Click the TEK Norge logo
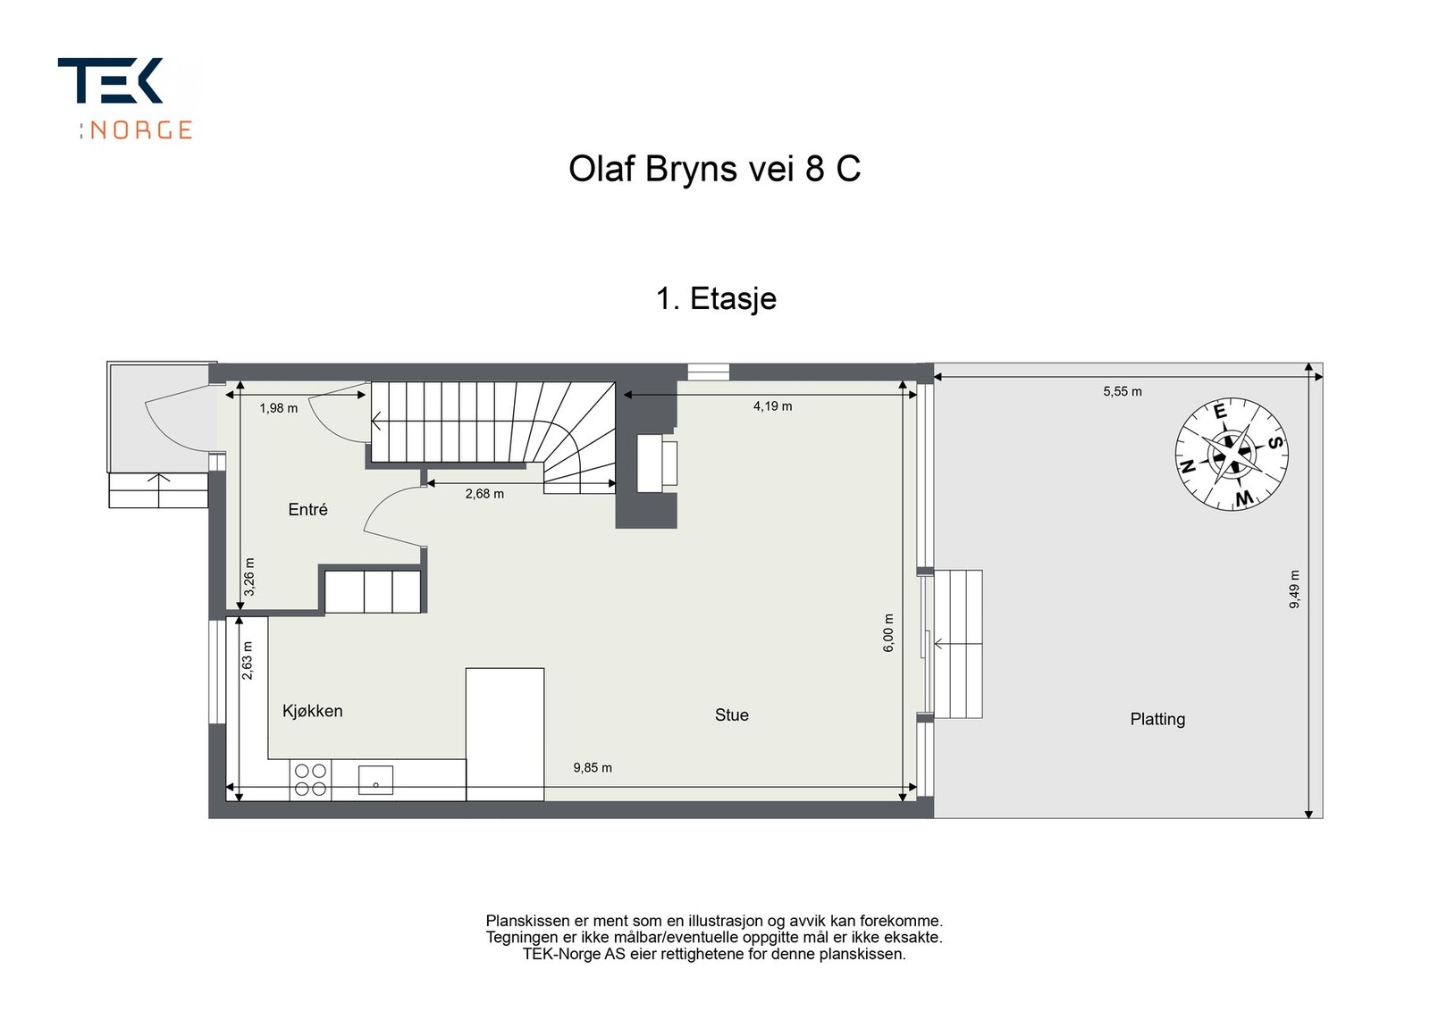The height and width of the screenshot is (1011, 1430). [x=126, y=99]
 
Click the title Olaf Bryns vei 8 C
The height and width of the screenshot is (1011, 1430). [x=714, y=170]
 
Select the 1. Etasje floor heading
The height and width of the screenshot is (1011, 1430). [x=716, y=298]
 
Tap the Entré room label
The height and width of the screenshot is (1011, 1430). [x=307, y=509]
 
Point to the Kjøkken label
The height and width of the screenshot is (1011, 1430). [x=312, y=711]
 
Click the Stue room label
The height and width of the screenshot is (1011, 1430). [x=732, y=715]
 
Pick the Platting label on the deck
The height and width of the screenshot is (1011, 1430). [x=1157, y=720]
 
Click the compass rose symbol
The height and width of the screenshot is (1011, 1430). [x=1232, y=455]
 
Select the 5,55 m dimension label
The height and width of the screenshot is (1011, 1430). [x=1123, y=392]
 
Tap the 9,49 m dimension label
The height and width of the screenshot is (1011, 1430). [x=1294, y=589]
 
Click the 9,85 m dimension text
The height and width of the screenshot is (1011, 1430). [x=593, y=768]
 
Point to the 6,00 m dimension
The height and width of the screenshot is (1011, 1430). [x=888, y=632]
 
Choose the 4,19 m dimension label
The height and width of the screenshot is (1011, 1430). [x=772, y=406]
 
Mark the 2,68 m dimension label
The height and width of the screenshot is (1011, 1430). [x=484, y=494]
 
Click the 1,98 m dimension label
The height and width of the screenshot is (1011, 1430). [x=278, y=408]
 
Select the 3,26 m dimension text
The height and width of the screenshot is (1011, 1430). [x=249, y=577]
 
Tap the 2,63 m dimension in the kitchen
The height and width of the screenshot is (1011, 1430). [x=247, y=660]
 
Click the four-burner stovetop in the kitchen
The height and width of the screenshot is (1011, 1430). [x=311, y=780]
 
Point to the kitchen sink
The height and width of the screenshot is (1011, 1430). [x=375, y=781]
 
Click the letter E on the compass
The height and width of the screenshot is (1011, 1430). [x=1220, y=412]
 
